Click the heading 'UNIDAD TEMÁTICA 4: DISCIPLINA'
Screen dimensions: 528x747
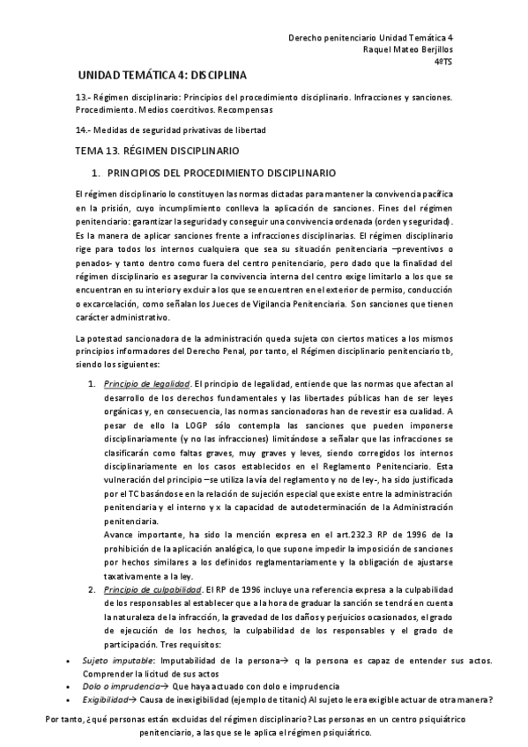point(163,76)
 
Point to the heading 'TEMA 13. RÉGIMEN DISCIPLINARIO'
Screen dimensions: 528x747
point(165,151)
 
